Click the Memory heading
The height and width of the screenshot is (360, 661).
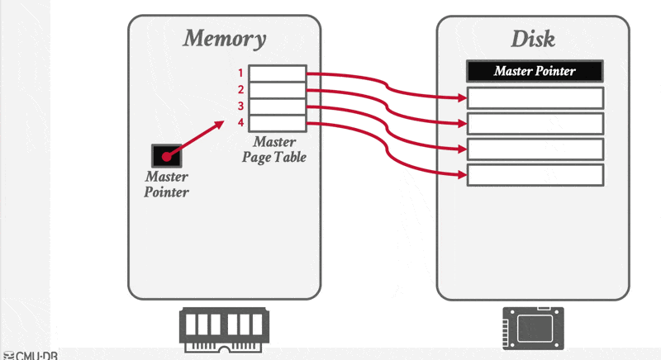coord(224,38)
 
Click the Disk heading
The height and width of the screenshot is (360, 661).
coord(533,38)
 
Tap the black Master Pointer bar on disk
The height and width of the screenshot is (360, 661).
coord(535,71)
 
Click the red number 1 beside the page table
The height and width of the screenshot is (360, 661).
coord(240,73)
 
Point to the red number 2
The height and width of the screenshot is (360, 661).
coord(240,90)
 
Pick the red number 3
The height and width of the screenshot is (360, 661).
coord(240,107)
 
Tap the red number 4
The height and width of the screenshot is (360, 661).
coord(240,123)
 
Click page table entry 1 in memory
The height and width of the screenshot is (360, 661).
coord(278,73)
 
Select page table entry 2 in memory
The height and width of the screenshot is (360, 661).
coord(278,90)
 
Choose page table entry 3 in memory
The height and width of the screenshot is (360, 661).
coord(278,107)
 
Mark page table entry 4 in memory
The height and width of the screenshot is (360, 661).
coord(278,123)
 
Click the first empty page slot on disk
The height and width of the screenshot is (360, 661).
coord(535,97)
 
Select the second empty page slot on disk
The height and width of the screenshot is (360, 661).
coord(535,123)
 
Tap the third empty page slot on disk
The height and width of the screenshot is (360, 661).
coord(535,149)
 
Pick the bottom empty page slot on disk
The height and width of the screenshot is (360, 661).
coord(535,174)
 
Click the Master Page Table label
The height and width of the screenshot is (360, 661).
coord(273,149)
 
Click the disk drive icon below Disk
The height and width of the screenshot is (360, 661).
coord(533,328)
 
